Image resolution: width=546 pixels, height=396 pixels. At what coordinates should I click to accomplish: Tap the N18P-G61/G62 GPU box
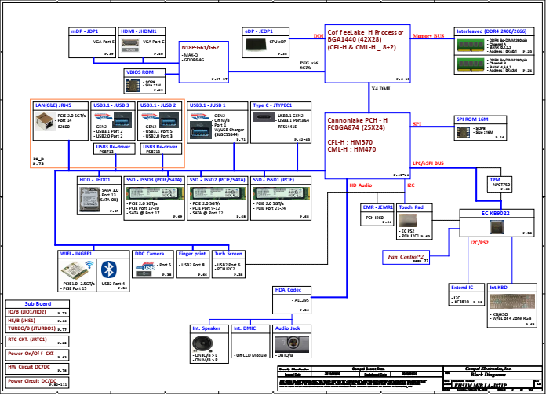click(x=204, y=60)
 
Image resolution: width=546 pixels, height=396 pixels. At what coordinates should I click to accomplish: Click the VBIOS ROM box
click(x=145, y=81)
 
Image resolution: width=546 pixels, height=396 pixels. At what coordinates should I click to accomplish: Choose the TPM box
click(x=500, y=185)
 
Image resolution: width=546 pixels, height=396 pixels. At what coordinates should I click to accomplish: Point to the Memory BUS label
click(x=428, y=36)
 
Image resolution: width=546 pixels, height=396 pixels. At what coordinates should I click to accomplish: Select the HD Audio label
click(x=360, y=185)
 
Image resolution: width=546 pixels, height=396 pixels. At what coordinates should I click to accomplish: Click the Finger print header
click(x=191, y=254)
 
